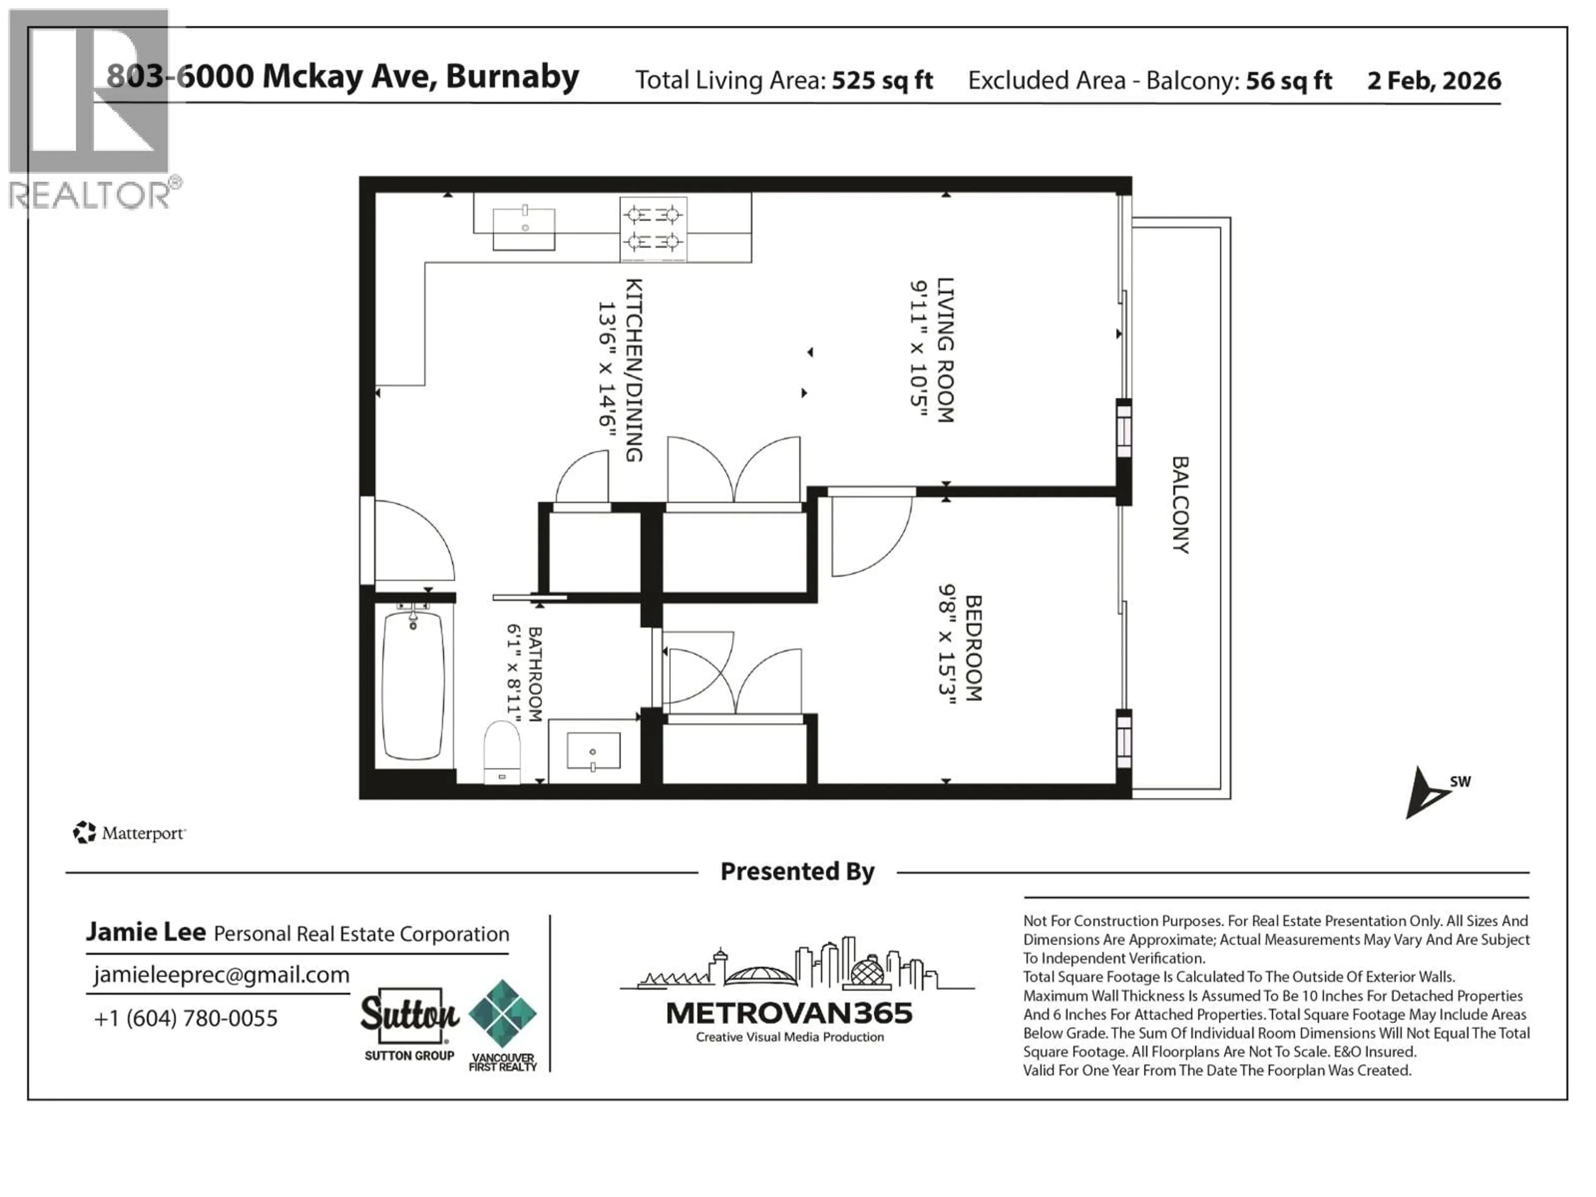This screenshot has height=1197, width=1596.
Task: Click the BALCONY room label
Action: (x=1180, y=505)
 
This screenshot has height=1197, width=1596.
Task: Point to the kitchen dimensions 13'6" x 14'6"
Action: (x=606, y=369)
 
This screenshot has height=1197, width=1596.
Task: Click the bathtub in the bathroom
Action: (x=413, y=684)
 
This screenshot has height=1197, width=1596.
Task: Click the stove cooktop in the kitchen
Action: (x=653, y=228)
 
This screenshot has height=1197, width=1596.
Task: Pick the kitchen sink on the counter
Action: (x=524, y=229)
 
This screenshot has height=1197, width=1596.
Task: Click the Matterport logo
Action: (x=130, y=833)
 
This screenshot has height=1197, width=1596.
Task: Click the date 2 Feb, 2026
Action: (x=1433, y=80)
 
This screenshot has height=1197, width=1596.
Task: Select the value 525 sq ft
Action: (x=882, y=80)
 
